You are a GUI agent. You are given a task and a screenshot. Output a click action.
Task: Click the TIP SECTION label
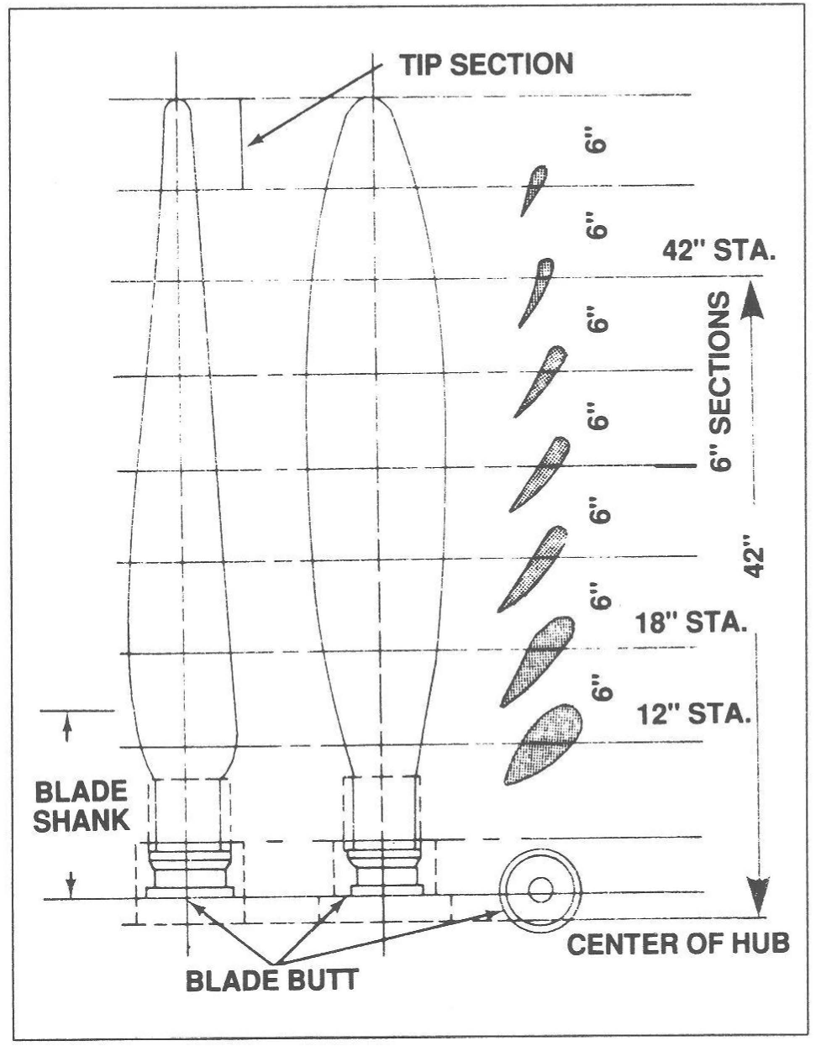click(x=486, y=65)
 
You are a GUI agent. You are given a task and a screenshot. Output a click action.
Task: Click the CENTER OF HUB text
click(x=677, y=944)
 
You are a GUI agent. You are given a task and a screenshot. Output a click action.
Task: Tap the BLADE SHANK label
click(x=82, y=806)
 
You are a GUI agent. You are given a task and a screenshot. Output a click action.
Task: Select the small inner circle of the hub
click(x=539, y=887)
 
